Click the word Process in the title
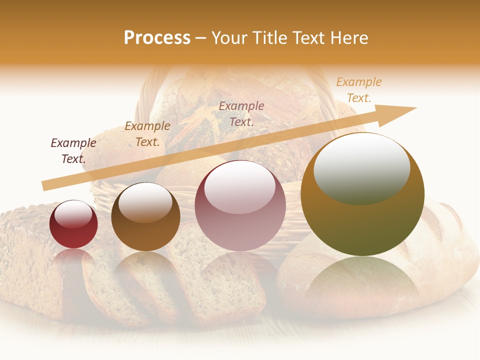(x=157, y=38)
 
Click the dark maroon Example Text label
(x=73, y=151)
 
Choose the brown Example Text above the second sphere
(x=147, y=134)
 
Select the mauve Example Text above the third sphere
(x=241, y=113)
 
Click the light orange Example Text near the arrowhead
(x=358, y=90)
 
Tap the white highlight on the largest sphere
(x=361, y=167)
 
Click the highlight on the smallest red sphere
(x=73, y=214)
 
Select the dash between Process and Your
(x=201, y=38)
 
